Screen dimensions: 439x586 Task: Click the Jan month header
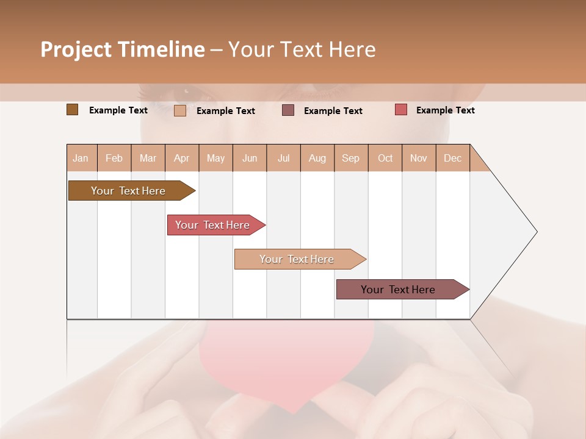click(x=81, y=158)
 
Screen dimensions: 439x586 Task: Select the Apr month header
click(x=182, y=158)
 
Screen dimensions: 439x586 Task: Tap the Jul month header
click(x=283, y=158)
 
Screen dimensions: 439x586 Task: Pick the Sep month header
click(x=350, y=158)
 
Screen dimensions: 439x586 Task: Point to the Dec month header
click(x=452, y=158)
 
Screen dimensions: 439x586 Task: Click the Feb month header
click(x=114, y=158)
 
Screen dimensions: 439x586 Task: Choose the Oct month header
click(x=385, y=158)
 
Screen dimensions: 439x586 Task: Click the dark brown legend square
click(x=72, y=110)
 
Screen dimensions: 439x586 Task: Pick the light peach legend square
click(x=179, y=110)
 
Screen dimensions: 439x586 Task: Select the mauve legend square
click(x=288, y=110)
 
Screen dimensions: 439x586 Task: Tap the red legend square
click(x=400, y=110)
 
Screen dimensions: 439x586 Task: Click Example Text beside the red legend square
click(x=445, y=110)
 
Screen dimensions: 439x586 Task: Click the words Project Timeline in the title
click(x=122, y=49)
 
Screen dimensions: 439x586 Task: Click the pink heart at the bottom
click(x=287, y=366)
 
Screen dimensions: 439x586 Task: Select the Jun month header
click(x=250, y=158)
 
